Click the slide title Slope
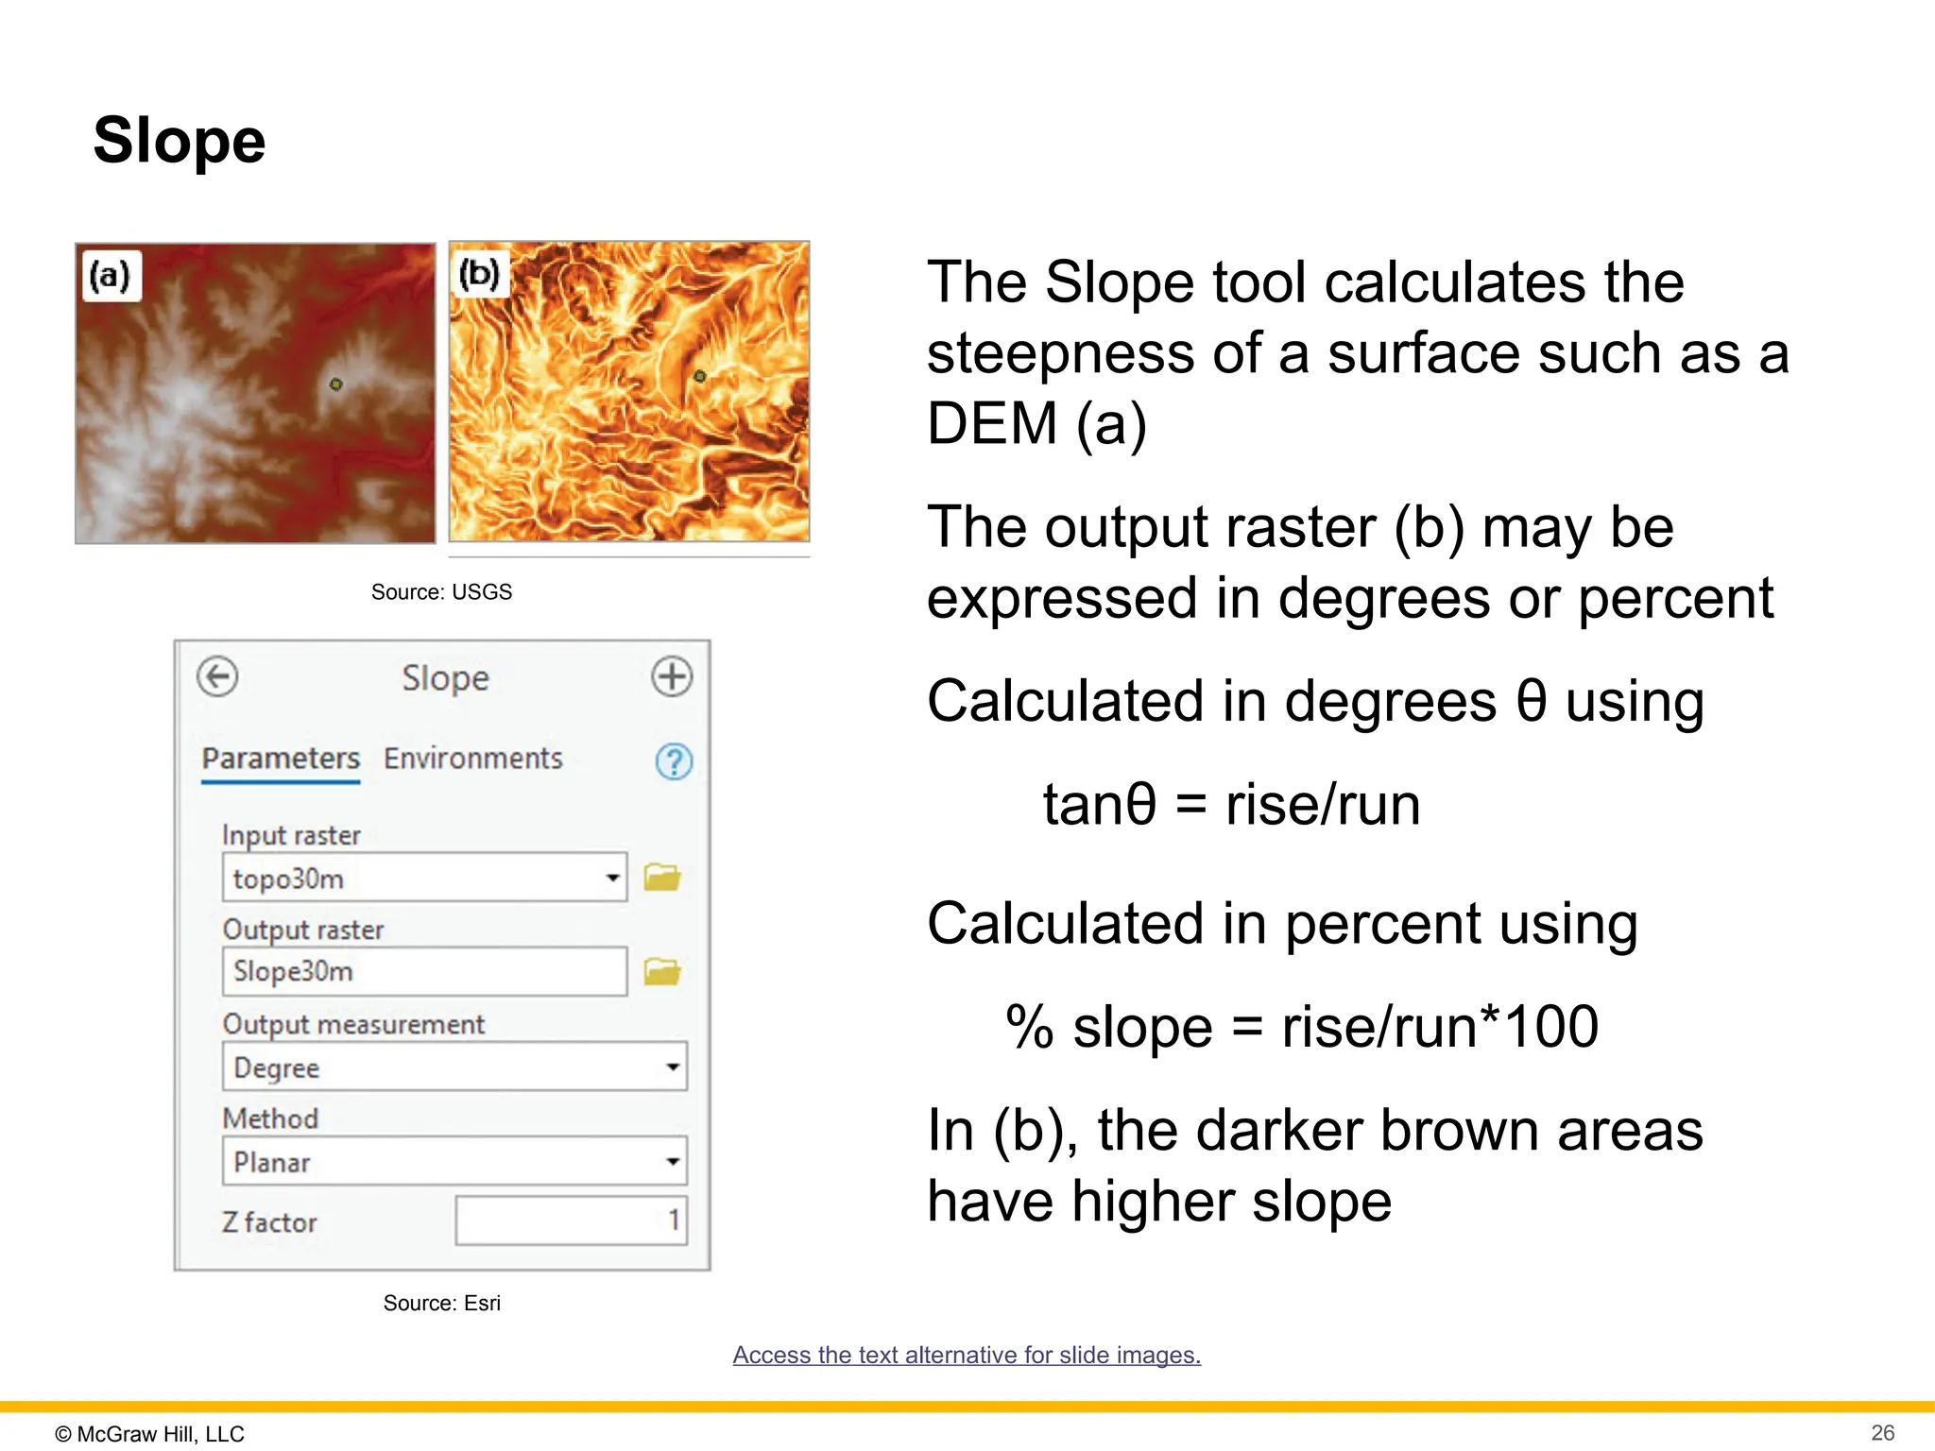[180, 141]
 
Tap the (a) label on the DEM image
[111, 276]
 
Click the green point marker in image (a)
[336, 384]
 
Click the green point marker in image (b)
[700, 376]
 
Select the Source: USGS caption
[441, 592]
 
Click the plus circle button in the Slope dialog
[672, 676]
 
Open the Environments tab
[472, 759]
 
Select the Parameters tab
[281, 759]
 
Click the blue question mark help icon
[674, 761]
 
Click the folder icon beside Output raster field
[662, 971]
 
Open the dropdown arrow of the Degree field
[673, 1067]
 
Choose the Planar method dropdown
[454, 1162]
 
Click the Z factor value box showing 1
[571, 1221]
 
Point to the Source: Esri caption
[441, 1304]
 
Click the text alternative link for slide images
[967, 1355]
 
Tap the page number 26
[1882, 1432]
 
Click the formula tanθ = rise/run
[1231, 805]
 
